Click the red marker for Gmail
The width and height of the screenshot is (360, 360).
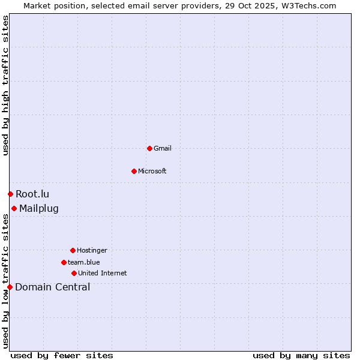pos(149,148)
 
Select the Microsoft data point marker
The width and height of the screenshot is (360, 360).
pos(134,171)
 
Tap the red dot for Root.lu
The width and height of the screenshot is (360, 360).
pos(10,194)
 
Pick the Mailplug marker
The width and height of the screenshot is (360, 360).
pos(14,208)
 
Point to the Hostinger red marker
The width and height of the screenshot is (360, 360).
pos(73,250)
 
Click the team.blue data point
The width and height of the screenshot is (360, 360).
pos(64,262)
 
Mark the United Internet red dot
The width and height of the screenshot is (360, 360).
pos(74,273)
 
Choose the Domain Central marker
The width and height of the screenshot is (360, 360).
pos(10,287)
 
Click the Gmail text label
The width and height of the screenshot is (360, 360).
pos(163,148)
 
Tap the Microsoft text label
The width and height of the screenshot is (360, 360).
pos(152,171)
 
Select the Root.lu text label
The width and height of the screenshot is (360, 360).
pos(32,194)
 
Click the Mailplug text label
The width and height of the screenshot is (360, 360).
pos(39,209)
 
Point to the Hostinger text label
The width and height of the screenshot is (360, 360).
pos(92,250)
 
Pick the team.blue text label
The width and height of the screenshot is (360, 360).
pos(84,262)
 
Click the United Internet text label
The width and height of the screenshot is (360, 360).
pos(103,273)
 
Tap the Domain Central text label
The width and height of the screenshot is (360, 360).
pos(53,287)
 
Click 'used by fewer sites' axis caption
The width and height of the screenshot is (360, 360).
pos(62,355)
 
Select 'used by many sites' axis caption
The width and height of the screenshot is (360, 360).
pos(301,355)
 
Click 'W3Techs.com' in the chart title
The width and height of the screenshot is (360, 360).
pos(310,5)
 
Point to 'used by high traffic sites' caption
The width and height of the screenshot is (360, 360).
pos(5,85)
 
